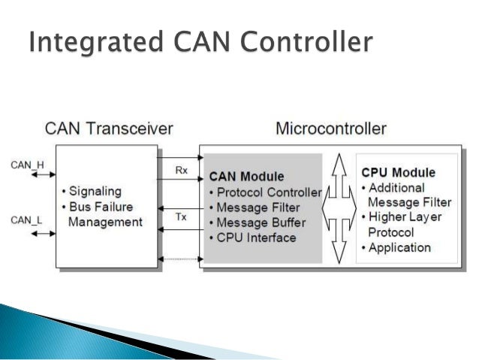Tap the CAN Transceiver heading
pyautogui.click(x=109, y=128)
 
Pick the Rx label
pyautogui.click(x=182, y=171)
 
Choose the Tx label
pyautogui.click(x=182, y=217)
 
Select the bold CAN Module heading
pyautogui.click(x=246, y=177)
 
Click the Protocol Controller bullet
pyautogui.click(x=264, y=192)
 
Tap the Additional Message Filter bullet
pyautogui.click(x=406, y=195)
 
